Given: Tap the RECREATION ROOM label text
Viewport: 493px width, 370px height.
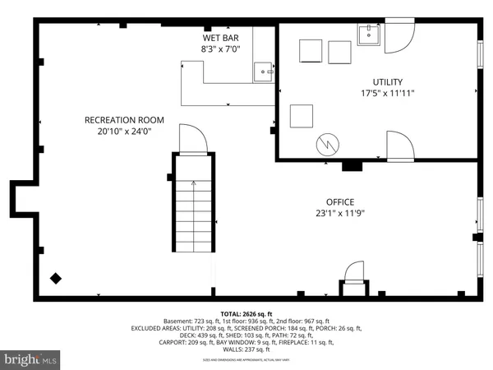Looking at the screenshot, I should pos(120,120).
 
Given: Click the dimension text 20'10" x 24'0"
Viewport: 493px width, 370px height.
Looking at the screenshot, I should pos(120,131).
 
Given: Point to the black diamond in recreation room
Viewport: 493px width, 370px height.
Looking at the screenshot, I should pos(56,279).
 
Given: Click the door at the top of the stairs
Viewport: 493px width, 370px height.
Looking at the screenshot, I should pos(189,140).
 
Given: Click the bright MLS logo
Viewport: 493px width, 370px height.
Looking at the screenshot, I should pos(31,358).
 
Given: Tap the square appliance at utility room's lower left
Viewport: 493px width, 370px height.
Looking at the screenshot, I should pos(302,115).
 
